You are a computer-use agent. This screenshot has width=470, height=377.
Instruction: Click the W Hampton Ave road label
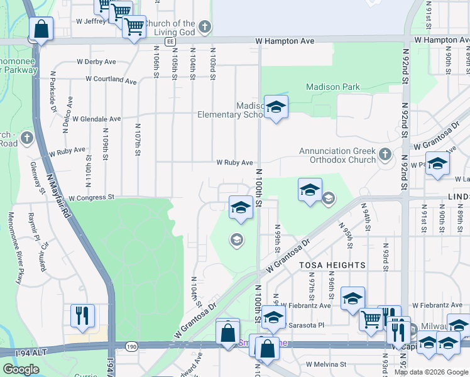point(285,41)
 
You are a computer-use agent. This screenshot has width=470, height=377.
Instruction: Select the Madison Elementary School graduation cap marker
point(276,108)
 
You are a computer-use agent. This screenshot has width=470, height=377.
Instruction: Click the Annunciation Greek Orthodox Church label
point(337,155)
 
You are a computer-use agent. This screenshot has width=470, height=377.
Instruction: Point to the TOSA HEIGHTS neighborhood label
point(332,265)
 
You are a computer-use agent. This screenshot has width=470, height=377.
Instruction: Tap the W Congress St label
point(90,197)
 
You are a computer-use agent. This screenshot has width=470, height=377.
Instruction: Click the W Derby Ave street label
point(96,62)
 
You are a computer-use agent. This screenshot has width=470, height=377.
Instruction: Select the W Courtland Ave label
point(106,80)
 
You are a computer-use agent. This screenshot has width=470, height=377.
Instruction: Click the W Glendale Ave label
point(96,118)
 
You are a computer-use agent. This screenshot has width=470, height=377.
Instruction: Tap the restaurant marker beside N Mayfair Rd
point(82,316)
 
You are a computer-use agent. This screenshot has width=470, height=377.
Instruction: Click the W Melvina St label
point(326,364)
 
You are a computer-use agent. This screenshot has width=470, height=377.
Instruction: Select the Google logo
point(21,369)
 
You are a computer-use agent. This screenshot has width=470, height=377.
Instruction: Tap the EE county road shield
point(170,41)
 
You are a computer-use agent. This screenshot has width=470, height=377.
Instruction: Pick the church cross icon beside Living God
point(204,26)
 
